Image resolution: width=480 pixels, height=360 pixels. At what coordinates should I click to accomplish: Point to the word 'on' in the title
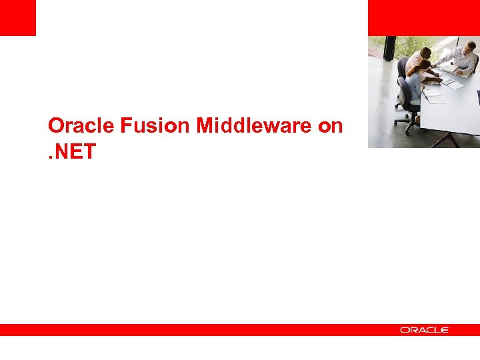330,125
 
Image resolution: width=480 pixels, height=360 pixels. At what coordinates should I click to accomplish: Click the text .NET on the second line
72,153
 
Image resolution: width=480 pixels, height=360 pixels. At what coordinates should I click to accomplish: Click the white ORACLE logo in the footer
425,329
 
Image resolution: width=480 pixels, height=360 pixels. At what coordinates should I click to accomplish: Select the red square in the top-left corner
17,17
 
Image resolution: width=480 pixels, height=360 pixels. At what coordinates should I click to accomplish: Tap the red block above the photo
423,17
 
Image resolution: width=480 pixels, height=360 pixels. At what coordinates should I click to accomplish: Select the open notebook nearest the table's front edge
434,97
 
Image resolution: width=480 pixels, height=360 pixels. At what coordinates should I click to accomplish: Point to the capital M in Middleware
203,125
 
